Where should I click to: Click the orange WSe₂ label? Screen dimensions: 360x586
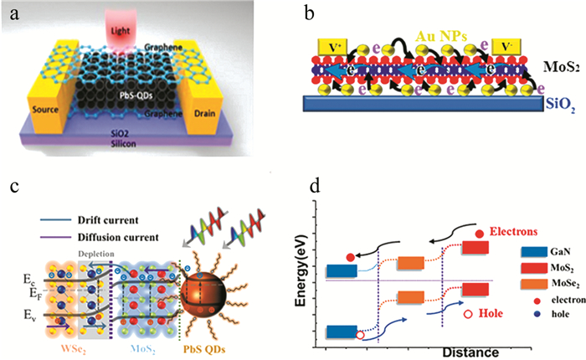(x=47, y=342)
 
